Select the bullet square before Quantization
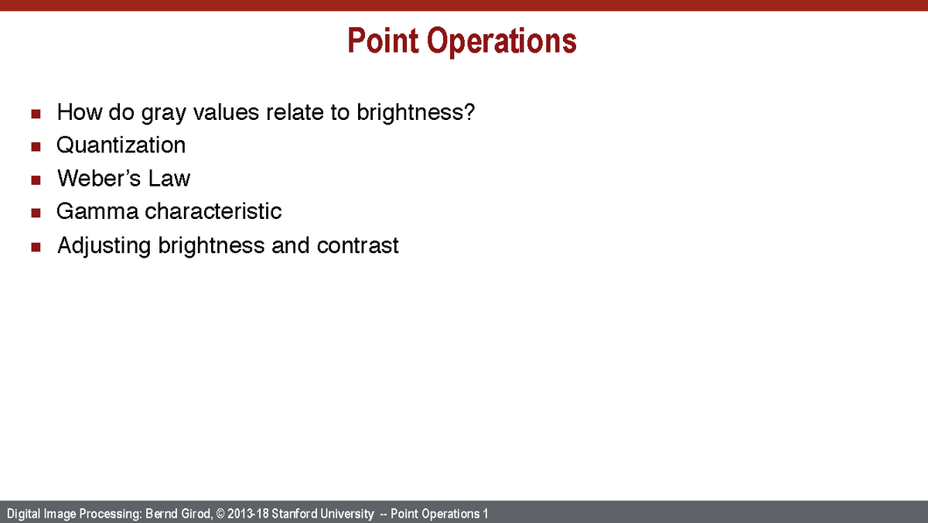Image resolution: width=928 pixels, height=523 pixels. [36, 147]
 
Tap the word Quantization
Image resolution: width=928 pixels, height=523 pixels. [121, 145]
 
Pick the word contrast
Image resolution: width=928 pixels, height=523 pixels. [357, 246]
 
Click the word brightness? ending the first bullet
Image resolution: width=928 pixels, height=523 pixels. [415, 113]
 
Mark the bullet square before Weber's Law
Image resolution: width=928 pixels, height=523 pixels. [36, 180]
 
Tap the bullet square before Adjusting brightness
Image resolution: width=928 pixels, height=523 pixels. [36, 248]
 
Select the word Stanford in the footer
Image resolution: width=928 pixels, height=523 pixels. [293, 514]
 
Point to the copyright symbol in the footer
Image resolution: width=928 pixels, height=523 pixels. [220, 514]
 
